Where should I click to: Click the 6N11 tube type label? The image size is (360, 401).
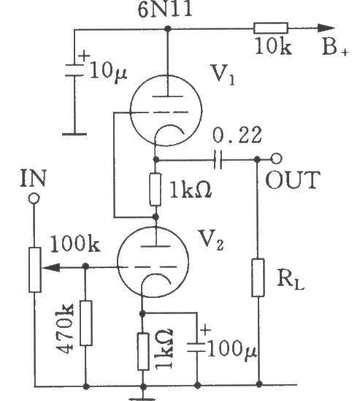(x=165, y=9)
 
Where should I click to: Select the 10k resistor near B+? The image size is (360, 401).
(x=271, y=28)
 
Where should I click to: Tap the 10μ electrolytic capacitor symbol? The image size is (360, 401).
(x=74, y=70)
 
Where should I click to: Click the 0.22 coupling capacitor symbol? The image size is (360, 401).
(x=218, y=160)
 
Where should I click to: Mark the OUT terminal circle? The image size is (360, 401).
(x=277, y=159)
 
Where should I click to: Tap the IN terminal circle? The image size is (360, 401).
(x=34, y=199)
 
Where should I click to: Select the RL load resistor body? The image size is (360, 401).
(x=258, y=278)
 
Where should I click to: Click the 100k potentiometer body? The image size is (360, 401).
(x=35, y=270)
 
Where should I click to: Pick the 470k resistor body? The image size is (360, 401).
(x=86, y=323)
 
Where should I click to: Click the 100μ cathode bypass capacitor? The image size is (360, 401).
(x=196, y=347)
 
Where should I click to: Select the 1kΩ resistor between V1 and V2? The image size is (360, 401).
(x=156, y=189)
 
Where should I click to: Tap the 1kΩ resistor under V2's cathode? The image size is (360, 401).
(x=143, y=351)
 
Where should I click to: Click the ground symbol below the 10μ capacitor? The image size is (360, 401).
(x=74, y=134)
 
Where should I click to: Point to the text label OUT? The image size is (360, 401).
(x=293, y=180)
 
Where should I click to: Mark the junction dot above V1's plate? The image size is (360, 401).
(x=167, y=28)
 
